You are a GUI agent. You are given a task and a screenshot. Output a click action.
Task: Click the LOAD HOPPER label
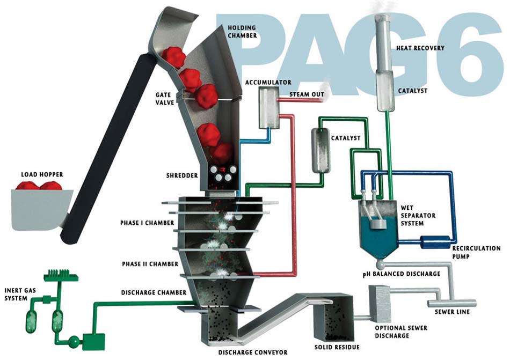click(x=42, y=175)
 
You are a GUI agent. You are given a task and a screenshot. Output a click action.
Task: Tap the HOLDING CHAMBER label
click(x=242, y=32)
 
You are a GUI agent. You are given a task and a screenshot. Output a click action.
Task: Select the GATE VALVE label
click(x=165, y=98)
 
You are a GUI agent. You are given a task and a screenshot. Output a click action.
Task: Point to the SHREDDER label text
click(x=182, y=176)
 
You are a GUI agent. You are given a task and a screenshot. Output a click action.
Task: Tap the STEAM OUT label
click(x=307, y=94)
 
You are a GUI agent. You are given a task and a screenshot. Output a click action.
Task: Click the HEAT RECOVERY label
click(x=420, y=48)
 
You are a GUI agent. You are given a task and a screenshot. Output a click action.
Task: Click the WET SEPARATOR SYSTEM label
click(x=413, y=216)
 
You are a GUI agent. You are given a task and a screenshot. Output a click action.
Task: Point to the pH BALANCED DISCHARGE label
click(x=402, y=274)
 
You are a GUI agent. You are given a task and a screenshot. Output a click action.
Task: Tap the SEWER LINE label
click(x=452, y=312)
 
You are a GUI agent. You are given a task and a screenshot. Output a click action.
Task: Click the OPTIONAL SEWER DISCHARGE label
click(x=401, y=332)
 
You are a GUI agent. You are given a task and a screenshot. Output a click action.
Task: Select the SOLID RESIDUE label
click(x=337, y=347)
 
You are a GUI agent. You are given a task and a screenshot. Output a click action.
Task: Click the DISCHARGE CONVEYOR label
click(x=253, y=352)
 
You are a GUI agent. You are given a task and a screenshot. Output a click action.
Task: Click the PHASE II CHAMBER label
click(x=150, y=264)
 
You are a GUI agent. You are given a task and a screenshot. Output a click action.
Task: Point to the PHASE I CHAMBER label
click(x=147, y=223)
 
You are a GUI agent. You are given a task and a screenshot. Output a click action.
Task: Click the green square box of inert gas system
click(x=93, y=342)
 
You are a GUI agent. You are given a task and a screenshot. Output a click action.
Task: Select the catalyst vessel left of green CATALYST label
click(x=321, y=150)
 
